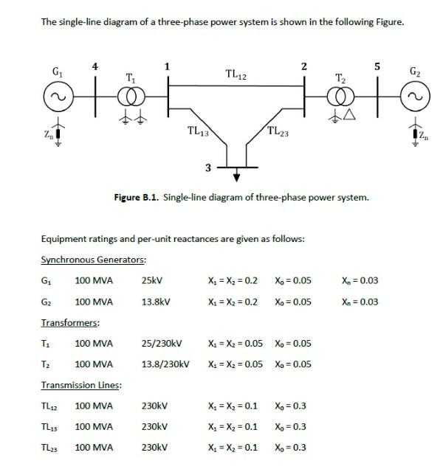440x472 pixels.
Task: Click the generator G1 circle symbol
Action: click(57, 97)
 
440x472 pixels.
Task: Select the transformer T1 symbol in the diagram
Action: click(131, 97)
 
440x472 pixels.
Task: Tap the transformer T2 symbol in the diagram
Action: click(340, 97)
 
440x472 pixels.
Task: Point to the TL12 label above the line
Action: click(236, 74)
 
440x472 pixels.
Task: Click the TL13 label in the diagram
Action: click(198, 132)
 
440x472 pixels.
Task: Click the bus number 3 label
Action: click(208, 168)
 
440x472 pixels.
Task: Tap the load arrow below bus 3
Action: click(237, 176)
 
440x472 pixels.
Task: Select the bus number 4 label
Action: click(94, 66)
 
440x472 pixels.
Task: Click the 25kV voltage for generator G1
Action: click(151, 281)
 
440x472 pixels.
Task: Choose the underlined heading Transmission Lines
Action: click(81, 385)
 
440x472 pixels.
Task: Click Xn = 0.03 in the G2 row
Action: click(360, 302)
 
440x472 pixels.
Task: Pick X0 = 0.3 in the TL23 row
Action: click(290, 448)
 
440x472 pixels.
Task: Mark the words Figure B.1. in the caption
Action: click(137, 197)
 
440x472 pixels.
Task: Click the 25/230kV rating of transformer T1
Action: click(162, 344)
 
